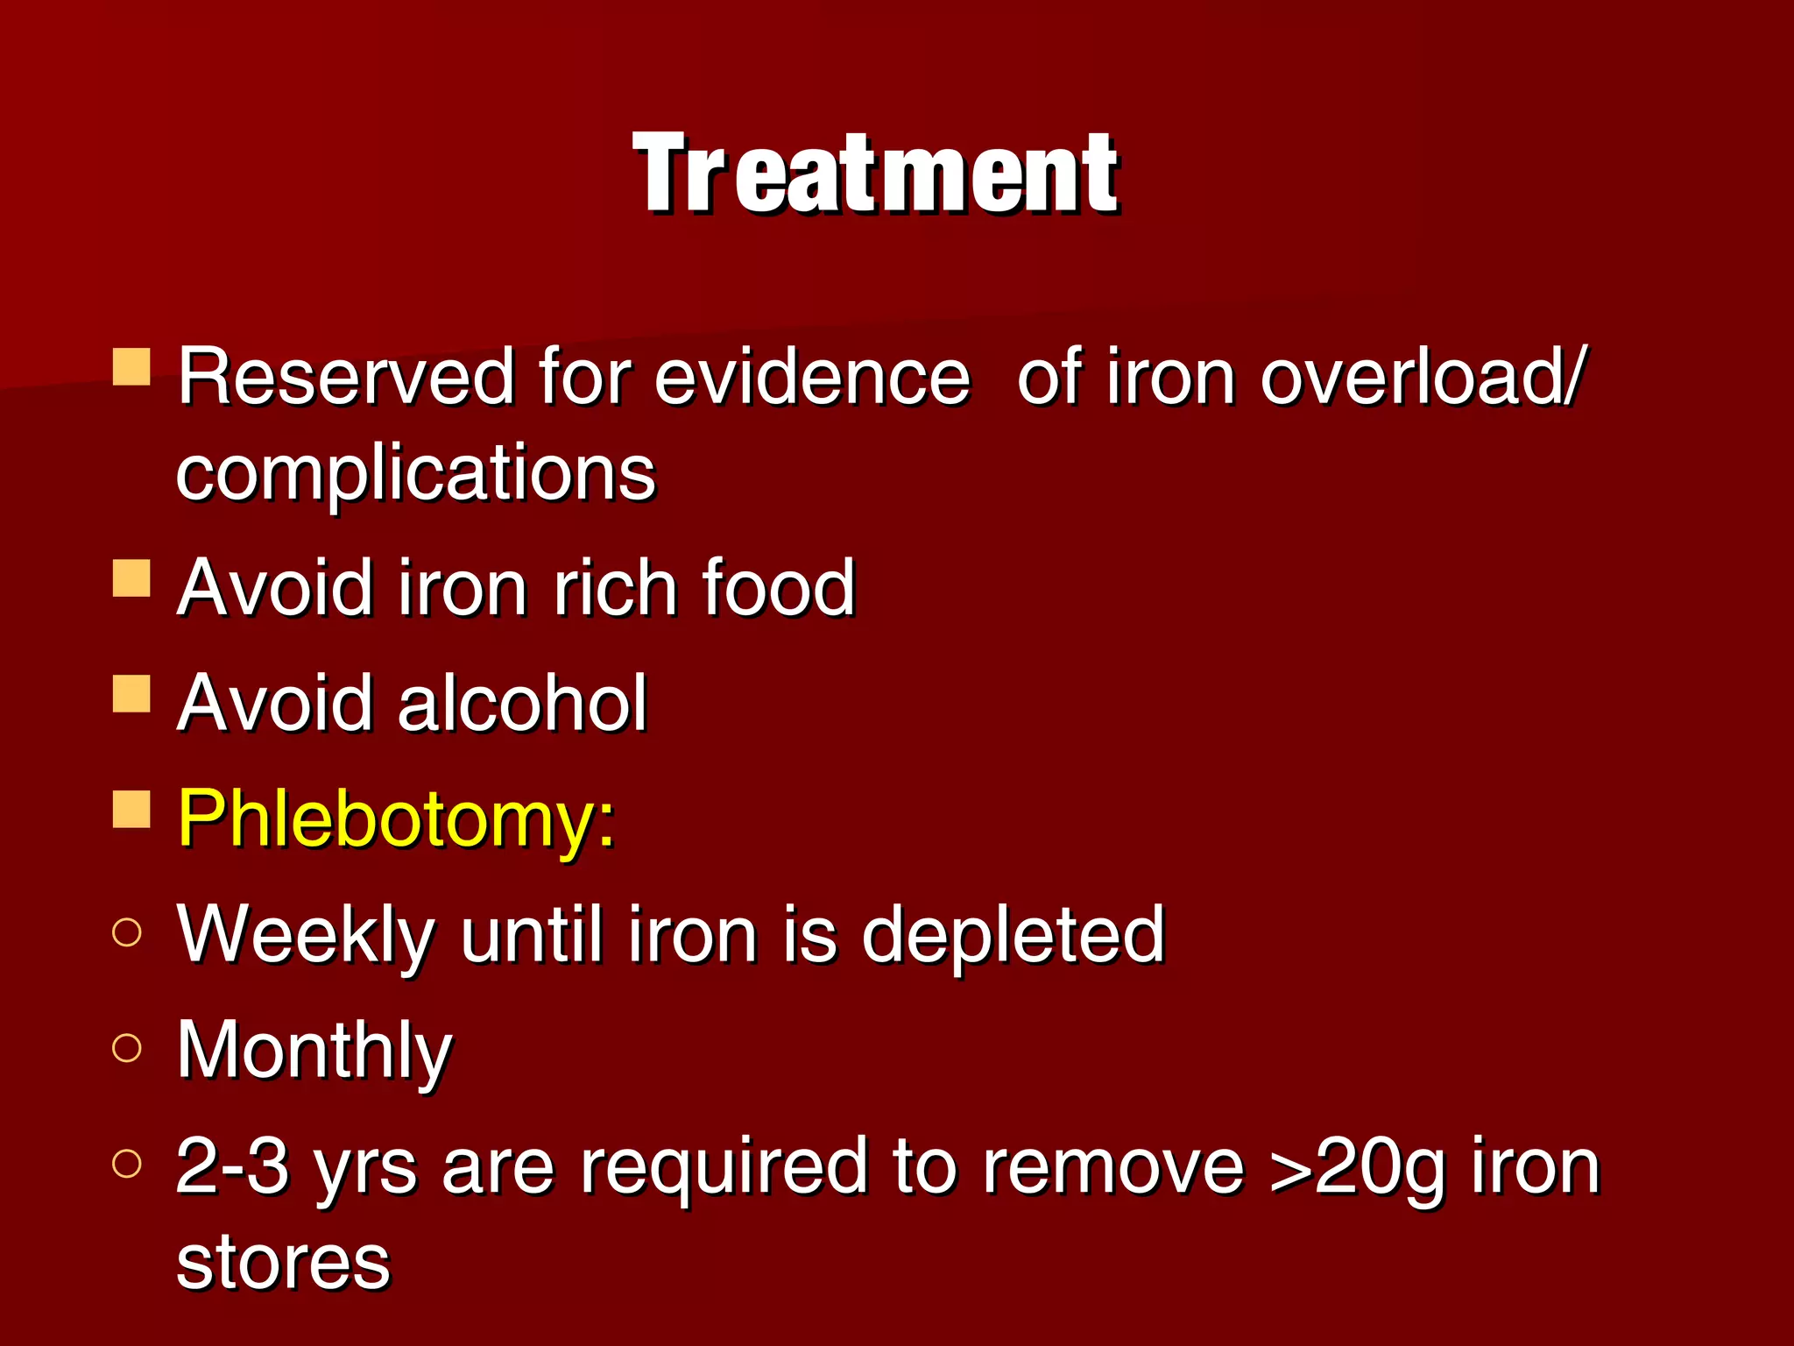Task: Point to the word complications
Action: click(x=415, y=474)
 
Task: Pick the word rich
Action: click(x=614, y=588)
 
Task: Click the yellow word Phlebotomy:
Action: click(x=397, y=819)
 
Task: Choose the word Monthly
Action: click(x=314, y=1051)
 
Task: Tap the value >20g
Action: click(x=1355, y=1168)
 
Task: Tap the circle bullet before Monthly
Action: click(x=127, y=1048)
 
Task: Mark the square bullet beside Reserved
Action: click(x=132, y=367)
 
